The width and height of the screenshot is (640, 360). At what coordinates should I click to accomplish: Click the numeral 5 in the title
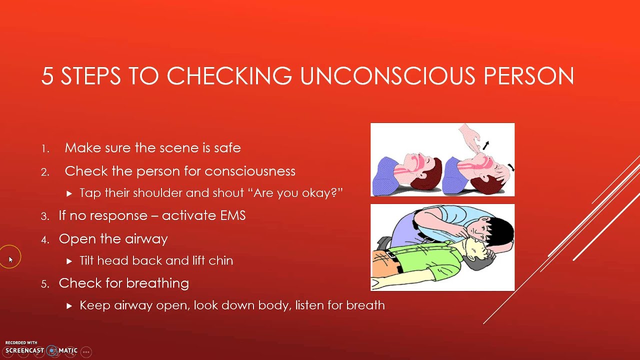pyautogui.click(x=47, y=76)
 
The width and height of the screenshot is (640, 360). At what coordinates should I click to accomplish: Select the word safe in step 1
pyautogui.click(x=228, y=148)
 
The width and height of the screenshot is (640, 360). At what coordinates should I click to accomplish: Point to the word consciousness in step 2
pyautogui.click(x=250, y=171)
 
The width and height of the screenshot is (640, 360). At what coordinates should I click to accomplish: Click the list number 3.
pyautogui.click(x=45, y=216)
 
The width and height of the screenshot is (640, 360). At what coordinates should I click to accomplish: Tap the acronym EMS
pyautogui.click(x=231, y=216)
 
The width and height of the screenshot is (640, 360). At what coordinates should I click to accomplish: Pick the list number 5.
pyautogui.click(x=45, y=284)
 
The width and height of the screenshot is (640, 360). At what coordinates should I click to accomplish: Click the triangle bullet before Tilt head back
pyautogui.click(x=69, y=261)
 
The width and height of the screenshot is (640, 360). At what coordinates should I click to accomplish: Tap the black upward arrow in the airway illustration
pyautogui.click(x=486, y=145)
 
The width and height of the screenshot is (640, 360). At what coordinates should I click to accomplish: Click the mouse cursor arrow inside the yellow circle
pyautogui.click(x=10, y=259)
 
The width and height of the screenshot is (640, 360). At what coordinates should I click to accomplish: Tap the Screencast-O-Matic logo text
pyautogui.click(x=41, y=350)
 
